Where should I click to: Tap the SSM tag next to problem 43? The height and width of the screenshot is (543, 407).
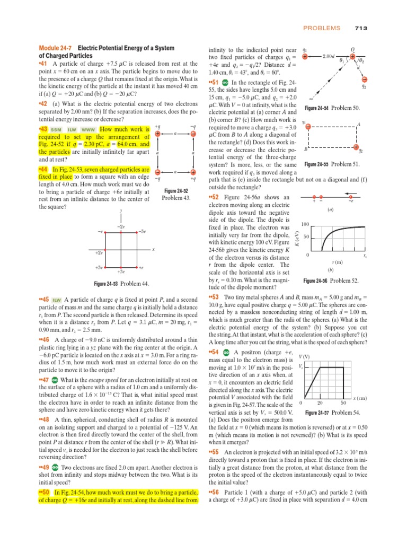pyautogui.click(x=55, y=130)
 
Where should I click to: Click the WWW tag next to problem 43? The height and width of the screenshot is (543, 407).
pyautogui.click(x=88, y=130)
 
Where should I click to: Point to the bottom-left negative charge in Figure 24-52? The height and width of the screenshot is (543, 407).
pyautogui.click(x=158, y=172)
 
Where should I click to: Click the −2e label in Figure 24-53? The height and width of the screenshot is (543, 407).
pyautogui.click(x=121, y=226)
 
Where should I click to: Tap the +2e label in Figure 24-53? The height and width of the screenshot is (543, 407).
pyautogui.click(x=99, y=253)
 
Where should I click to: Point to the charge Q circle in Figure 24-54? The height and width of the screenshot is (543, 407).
pyautogui.click(x=353, y=56)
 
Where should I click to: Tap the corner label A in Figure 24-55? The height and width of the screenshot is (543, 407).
pyautogui.click(x=359, y=124)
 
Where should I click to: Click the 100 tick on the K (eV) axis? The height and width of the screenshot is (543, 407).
pyautogui.click(x=305, y=224)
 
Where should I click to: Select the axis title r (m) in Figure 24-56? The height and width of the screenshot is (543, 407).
pyautogui.click(x=337, y=262)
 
